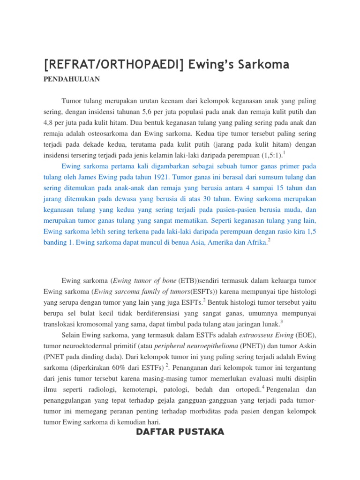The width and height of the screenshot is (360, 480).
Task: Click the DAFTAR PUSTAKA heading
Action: (180, 432)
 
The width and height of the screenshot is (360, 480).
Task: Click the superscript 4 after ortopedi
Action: (264, 387)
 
